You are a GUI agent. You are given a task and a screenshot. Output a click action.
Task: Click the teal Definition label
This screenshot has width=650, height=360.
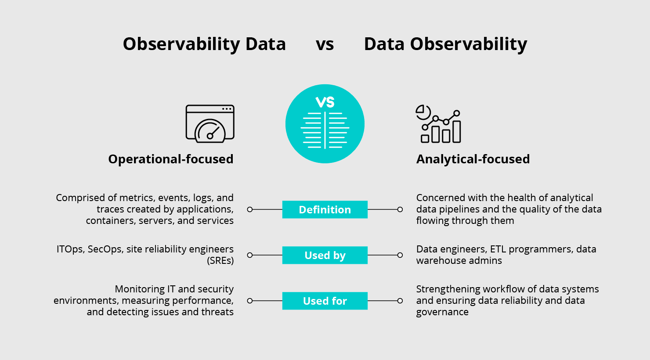[325, 209]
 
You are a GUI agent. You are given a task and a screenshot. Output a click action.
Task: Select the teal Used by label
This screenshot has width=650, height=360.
[325, 255]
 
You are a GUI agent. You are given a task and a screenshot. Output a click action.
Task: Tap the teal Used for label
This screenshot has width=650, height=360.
[325, 301]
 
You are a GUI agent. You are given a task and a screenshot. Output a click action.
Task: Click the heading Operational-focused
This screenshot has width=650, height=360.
[170, 159]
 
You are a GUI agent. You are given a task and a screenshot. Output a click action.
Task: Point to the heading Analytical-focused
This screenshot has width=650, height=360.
[473, 159]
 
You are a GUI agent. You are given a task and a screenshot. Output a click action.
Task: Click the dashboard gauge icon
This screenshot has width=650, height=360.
[210, 124]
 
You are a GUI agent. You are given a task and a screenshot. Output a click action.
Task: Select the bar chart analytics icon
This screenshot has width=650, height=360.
[438, 124]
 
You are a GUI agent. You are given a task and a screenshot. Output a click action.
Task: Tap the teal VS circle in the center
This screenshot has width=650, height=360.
[325, 124]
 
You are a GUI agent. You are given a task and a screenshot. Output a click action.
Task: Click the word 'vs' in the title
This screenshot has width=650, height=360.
[325, 44]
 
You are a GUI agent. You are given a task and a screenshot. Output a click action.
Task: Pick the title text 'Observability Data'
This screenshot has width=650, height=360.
[204, 44]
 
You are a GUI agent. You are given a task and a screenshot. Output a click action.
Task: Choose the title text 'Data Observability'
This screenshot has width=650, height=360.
[445, 44]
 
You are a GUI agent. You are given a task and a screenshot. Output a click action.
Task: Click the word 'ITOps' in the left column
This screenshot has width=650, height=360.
[70, 249]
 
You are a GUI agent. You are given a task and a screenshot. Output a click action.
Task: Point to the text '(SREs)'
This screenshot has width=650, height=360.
[220, 261]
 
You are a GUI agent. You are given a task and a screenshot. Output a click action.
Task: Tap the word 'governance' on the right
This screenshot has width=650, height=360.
[442, 312]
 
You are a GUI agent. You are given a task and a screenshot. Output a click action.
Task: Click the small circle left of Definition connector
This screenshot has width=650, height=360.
[250, 209]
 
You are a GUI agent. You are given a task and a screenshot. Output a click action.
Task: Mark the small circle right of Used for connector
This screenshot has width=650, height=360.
[400, 301]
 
